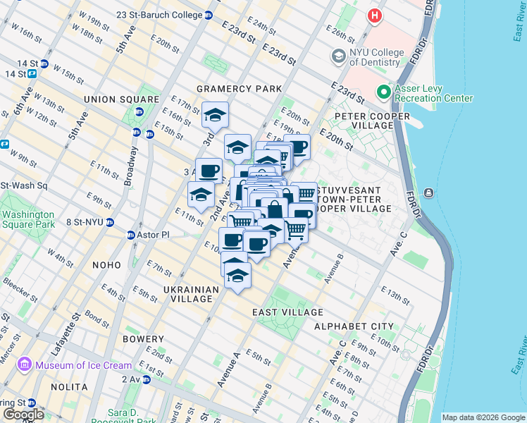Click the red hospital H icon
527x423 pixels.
(375, 14)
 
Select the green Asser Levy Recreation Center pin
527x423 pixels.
(383, 92)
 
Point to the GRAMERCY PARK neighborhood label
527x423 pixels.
(239, 89)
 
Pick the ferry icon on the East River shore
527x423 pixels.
(428, 193)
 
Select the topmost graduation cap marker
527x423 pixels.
(216, 114)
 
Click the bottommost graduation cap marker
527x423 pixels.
(238, 275)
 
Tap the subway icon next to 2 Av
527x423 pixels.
(147, 379)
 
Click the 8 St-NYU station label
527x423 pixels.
(85, 221)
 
